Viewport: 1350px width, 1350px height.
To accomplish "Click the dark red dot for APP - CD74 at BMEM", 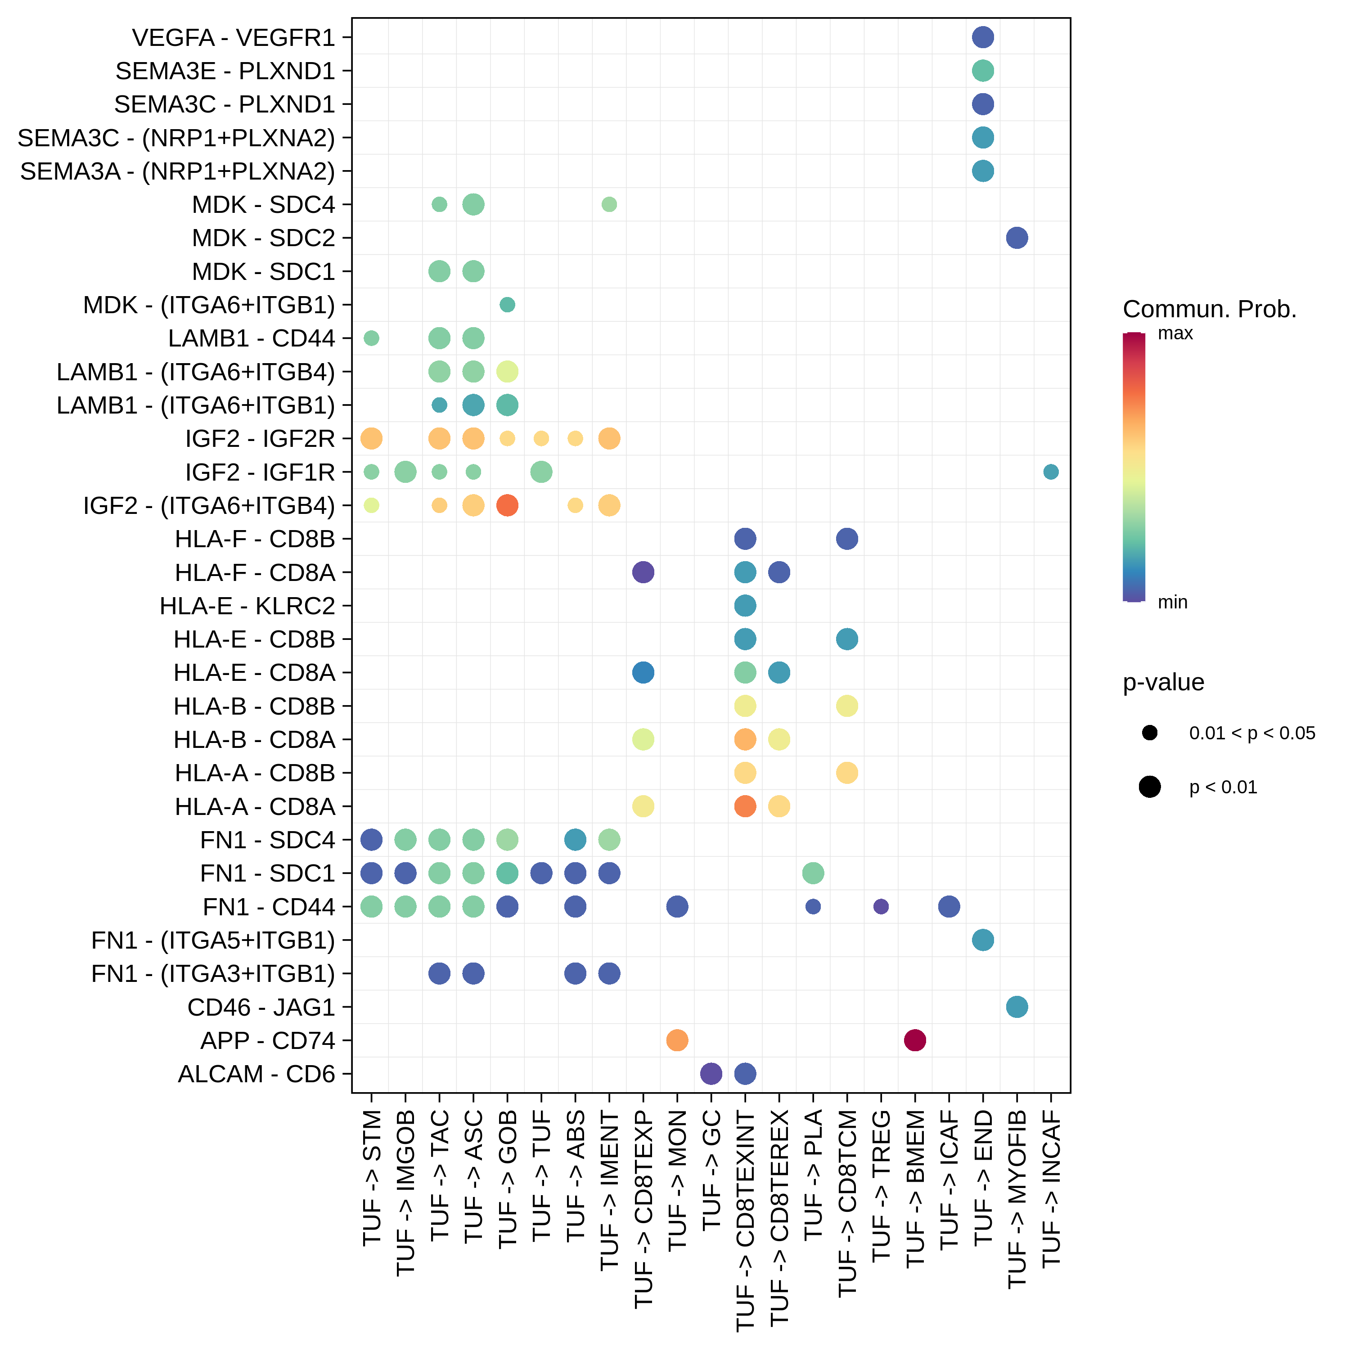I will pyautogui.click(x=915, y=1040).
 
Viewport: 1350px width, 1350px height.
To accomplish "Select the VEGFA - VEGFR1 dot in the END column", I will pyautogui.click(x=982, y=37).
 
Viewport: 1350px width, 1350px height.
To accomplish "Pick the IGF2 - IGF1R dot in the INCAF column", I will pyautogui.click(x=1050, y=472).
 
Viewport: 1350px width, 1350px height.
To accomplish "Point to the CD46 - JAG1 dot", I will pyautogui.click(x=1017, y=1007).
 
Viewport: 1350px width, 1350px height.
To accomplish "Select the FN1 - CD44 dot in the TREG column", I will pyautogui.click(x=881, y=906).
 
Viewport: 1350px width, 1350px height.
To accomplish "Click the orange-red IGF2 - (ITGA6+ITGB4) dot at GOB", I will pyautogui.click(x=507, y=505).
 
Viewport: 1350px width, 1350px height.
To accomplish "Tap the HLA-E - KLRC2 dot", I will pyautogui.click(x=745, y=605).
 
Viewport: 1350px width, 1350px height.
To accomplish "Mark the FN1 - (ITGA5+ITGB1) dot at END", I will pyautogui.click(x=982, y=940).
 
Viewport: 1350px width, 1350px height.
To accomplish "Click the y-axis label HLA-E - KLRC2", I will pyautogui.click(x=247, y=606).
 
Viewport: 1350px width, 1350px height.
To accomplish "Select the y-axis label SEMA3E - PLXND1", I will pyautogui.click(x=225, y=71).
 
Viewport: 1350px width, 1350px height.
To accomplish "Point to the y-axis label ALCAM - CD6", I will pyautogui.click(x=256, y=1074).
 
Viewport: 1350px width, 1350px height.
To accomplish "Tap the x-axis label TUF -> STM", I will pyautogui.click(x=372, y=1177).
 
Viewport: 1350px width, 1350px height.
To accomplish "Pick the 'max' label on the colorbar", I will pyautogui.click(x=1175, y=333).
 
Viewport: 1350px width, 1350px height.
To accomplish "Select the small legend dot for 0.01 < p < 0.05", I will pyautogui.click(x=1149, y=733).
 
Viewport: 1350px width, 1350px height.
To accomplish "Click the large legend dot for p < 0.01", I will pyautogui.click(x=1149, y=787).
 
